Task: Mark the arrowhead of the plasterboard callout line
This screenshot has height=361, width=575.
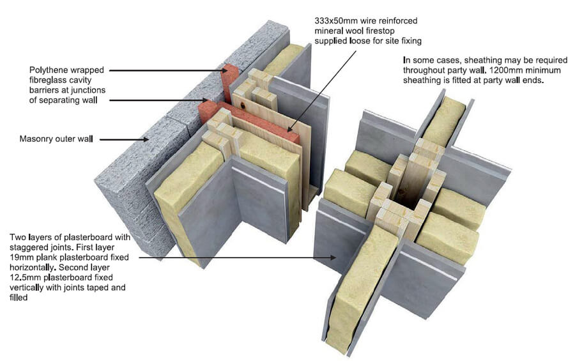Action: point(337,258)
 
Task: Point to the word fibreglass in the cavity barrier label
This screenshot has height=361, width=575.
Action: point(49,80)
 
